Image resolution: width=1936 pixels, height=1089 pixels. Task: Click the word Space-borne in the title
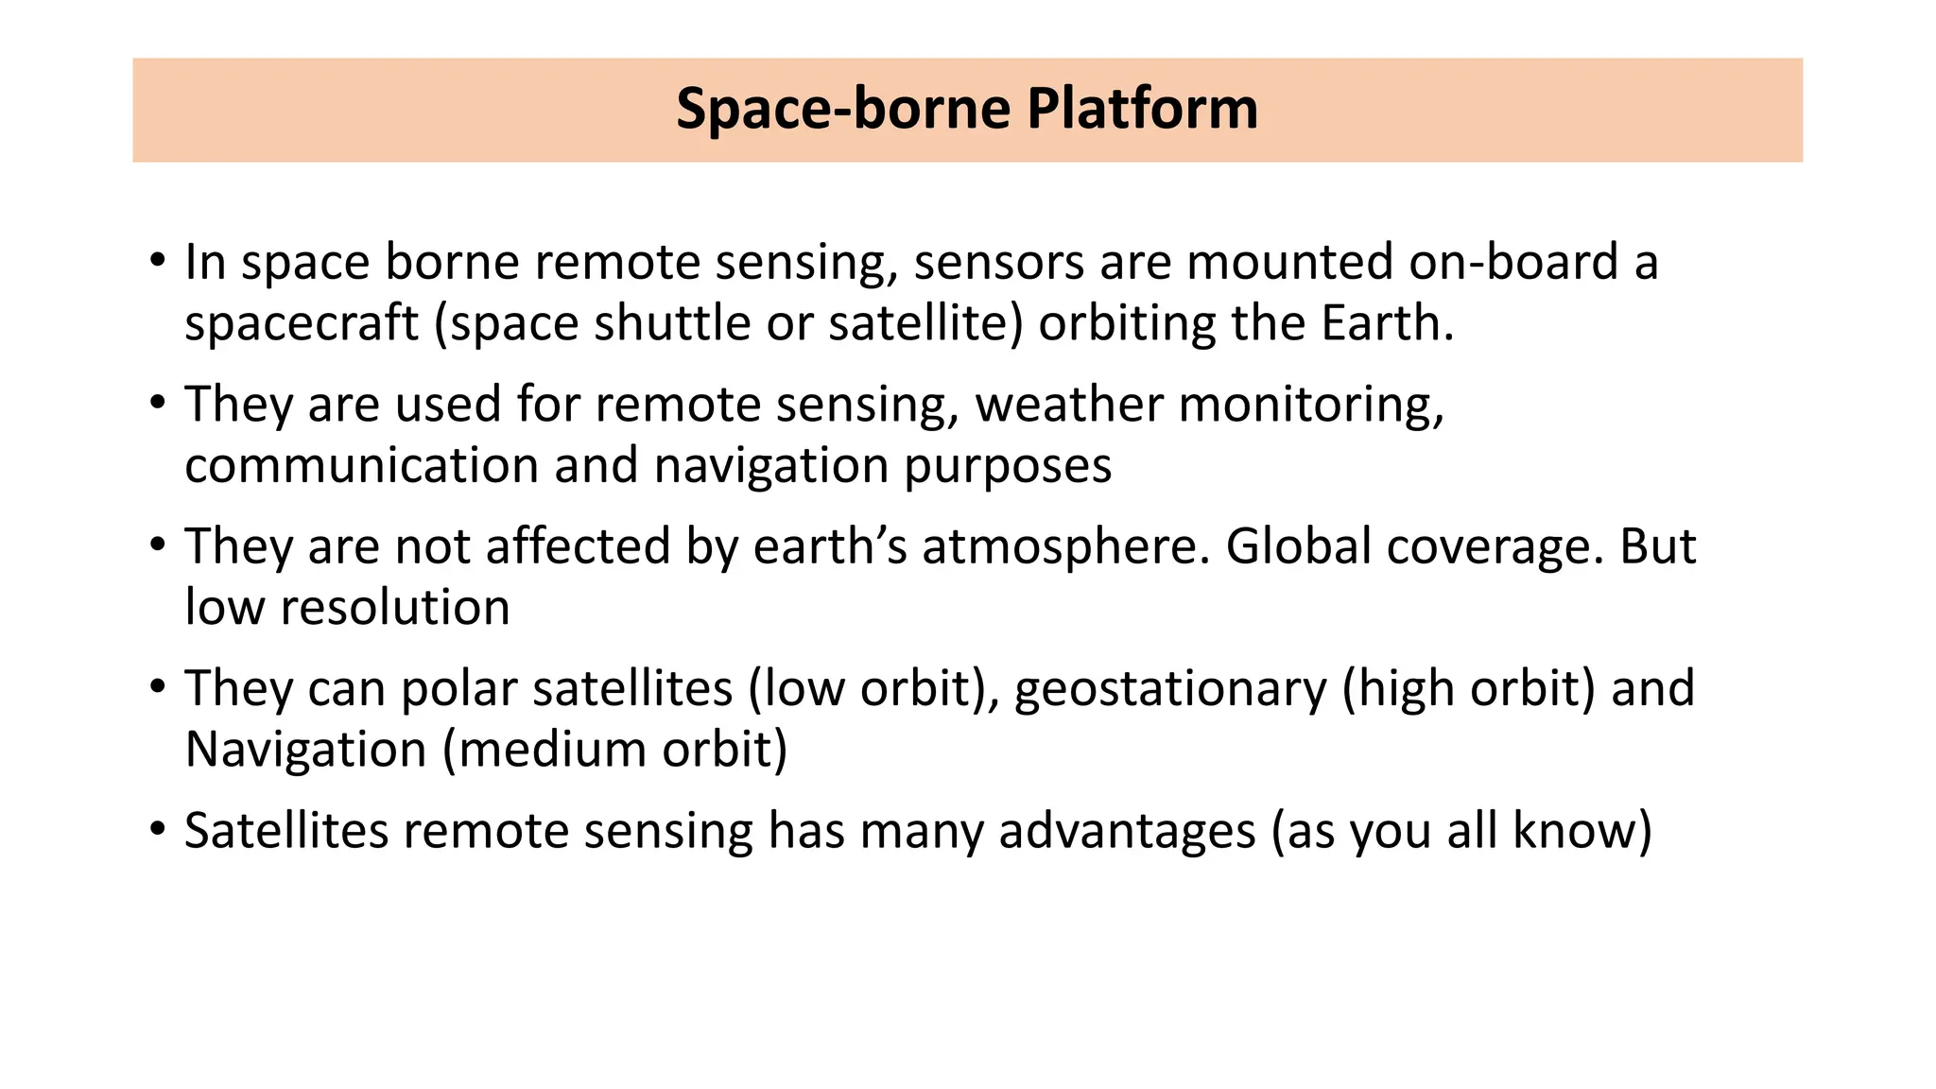point(843,109)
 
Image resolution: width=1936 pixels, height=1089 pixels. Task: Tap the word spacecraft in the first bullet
point(301,324)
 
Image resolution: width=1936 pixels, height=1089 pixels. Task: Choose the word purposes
point(1008,466)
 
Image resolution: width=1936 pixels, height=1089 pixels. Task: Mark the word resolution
point(395,608)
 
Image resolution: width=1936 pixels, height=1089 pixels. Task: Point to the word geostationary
point(1170,689)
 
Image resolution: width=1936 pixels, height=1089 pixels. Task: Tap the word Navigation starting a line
point(305,751)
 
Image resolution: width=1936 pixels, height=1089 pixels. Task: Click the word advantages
point(1127,832)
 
